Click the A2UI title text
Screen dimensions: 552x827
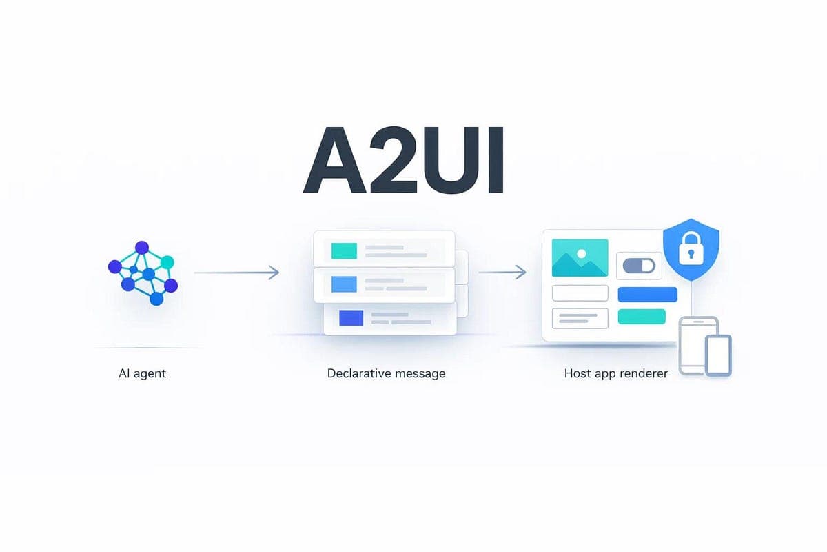[404, 160]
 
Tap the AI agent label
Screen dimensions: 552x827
[143, 373]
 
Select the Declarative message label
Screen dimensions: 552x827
[386, 373]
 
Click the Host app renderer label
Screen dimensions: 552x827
[615, 373]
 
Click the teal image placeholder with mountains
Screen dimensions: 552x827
[580, 258]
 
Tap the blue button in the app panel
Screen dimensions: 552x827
[647, 295]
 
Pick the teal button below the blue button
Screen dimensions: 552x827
[642, 317]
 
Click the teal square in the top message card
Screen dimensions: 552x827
[344, 250]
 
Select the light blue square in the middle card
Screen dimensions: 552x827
[344, 284]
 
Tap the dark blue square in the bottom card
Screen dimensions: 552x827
[351, 317]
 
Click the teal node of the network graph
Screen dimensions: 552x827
[167, 262]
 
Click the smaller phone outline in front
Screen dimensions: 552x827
[718, 355]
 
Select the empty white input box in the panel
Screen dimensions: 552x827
[580, 293]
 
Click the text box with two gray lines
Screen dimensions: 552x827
[580, 318]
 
